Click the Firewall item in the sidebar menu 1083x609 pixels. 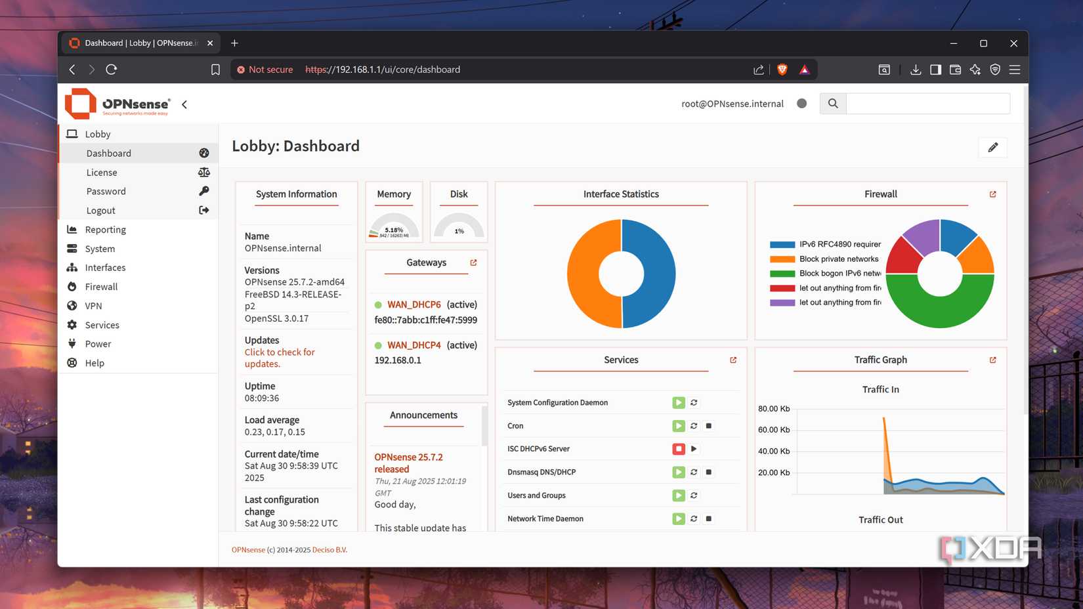point(101,287)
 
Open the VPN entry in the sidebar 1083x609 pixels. point(93,306)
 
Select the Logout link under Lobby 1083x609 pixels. point(101,211)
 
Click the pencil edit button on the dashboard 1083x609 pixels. point(992,148)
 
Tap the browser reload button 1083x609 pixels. point(112,70)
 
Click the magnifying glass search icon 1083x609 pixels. point(833,104)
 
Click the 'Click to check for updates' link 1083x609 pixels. point(280,358)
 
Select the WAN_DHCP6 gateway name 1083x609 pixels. point(414,304)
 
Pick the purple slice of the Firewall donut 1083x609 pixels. point(922,236)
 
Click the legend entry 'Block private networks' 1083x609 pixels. point(839,259)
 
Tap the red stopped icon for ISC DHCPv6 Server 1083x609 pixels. point(679,449)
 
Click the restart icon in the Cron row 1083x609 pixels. point(694,426)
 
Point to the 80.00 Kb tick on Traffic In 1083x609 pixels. point(774,409)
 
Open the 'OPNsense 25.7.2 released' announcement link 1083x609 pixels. point(408,463)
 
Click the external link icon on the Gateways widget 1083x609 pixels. point(473,262)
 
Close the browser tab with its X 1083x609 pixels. point(210,43)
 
